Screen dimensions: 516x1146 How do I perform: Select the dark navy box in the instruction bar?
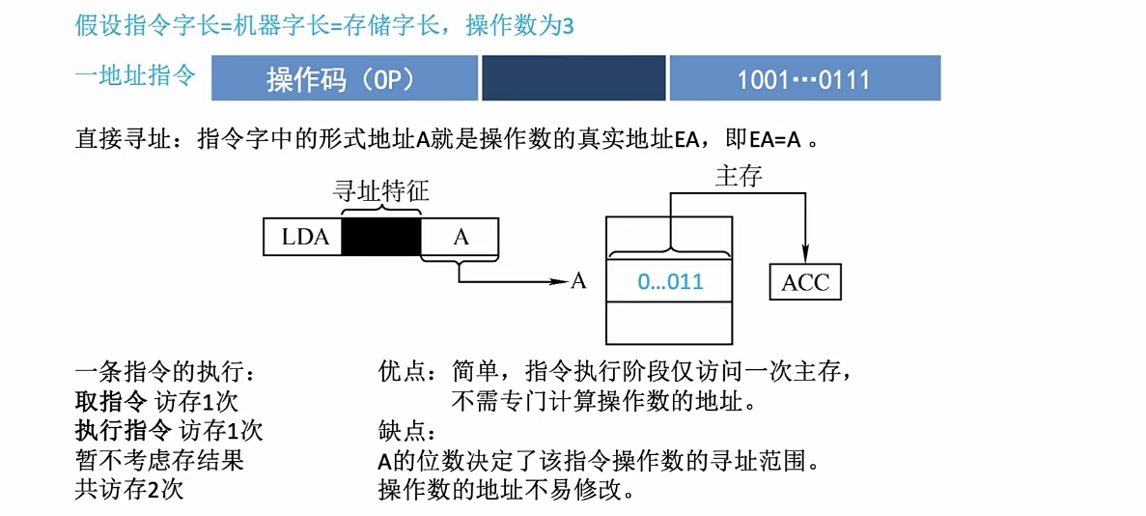coord(573,78)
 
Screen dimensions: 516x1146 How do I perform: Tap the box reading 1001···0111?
coord(804,78)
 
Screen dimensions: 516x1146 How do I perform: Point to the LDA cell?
coord(302,237)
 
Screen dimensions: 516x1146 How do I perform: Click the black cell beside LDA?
coord(382,237)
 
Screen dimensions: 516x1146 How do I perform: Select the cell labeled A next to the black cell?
coord(461,237)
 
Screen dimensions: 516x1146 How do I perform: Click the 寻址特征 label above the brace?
coord(381,190)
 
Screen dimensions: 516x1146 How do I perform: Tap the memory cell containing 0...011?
coord(670,282)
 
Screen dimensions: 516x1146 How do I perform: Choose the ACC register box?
coord(805,283)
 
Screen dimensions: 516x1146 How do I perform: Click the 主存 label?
coord(739,176)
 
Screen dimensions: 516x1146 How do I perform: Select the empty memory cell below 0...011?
coord(670,323)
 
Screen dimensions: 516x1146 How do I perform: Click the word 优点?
coord(402,371)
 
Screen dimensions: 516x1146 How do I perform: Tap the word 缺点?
coord(402,430)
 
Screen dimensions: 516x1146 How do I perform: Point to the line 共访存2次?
coord(129,489)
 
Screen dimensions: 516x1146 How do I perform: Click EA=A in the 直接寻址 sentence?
coord(775,139)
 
